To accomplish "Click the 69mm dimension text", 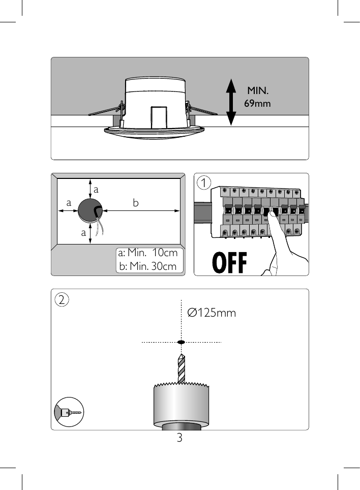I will (x=257, y=103).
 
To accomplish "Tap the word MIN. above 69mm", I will (x=258, y=91).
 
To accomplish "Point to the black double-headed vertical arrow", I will (x=231, y=102).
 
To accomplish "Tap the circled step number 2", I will (x=62, y=299).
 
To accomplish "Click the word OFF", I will (x=229, y=263).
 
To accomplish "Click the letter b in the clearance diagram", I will (x=135, y=203).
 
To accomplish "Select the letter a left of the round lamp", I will (x=68, y=202).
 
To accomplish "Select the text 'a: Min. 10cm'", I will (x=148, y=253).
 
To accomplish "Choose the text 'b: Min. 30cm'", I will (x=148, y=266).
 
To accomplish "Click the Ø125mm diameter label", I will (x=212, y=313).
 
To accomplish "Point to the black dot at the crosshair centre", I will (x=181, y=342).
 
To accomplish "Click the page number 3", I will (x=179, y=437).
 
